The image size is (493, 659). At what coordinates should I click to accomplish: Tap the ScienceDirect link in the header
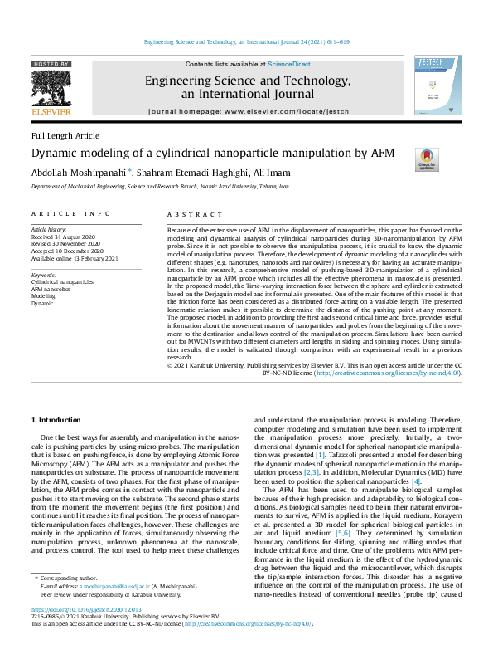(288, 64)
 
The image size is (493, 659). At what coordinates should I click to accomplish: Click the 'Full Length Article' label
(65, 136)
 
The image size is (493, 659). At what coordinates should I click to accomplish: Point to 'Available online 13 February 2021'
(75, 258)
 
